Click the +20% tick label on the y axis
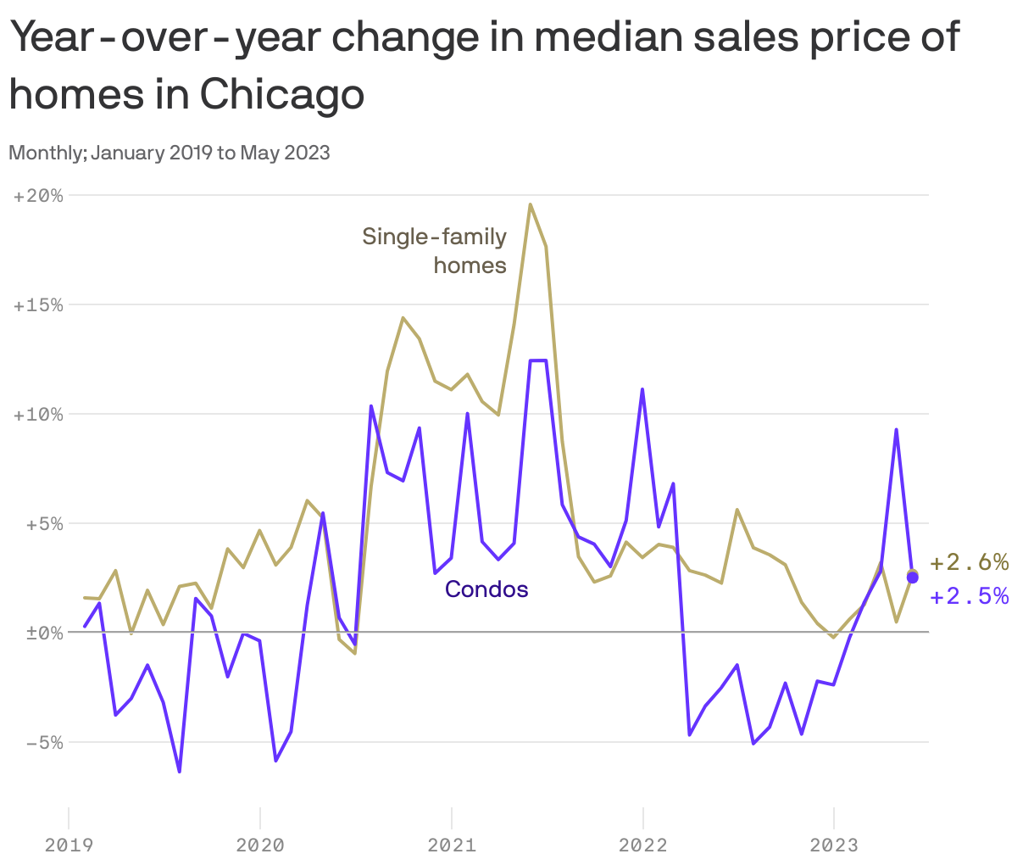tap(38, 196)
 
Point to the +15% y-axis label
tap(38, 305)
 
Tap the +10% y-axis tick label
tap(38, 415)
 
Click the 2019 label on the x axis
tap(69, 845)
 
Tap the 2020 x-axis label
tap(260, 845)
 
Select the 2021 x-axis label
tap(452, 845)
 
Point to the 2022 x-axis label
tap(643, 845)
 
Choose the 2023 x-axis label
tap(835, 845)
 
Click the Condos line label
tap(486, 589)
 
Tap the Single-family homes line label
tap(434, 250)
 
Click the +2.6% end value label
tap(969, 562)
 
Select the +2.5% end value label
tap(969, 597)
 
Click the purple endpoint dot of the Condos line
tap(912, 578)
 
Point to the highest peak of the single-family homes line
tap(530, 204)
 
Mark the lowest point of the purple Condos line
tap(180, 772)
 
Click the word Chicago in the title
tap(282, 94)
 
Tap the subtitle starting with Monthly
tap(170, 153)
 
